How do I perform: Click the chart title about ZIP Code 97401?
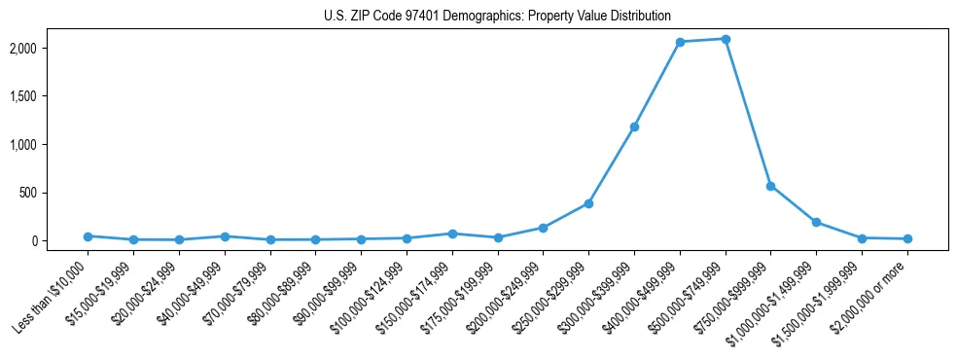point(497,17)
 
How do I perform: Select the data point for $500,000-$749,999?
point(725,39)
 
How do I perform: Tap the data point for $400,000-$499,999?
point(680,42)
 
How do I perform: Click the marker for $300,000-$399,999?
point(634,126)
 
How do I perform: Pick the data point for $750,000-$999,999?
point(770,186)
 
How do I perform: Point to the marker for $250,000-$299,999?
point(588,203)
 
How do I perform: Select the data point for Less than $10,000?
point(88,236)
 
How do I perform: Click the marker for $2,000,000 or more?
point(906,238)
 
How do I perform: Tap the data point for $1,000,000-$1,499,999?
point(816,222)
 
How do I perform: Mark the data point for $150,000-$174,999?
point(452,234)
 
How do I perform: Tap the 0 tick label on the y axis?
point(59,241)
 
